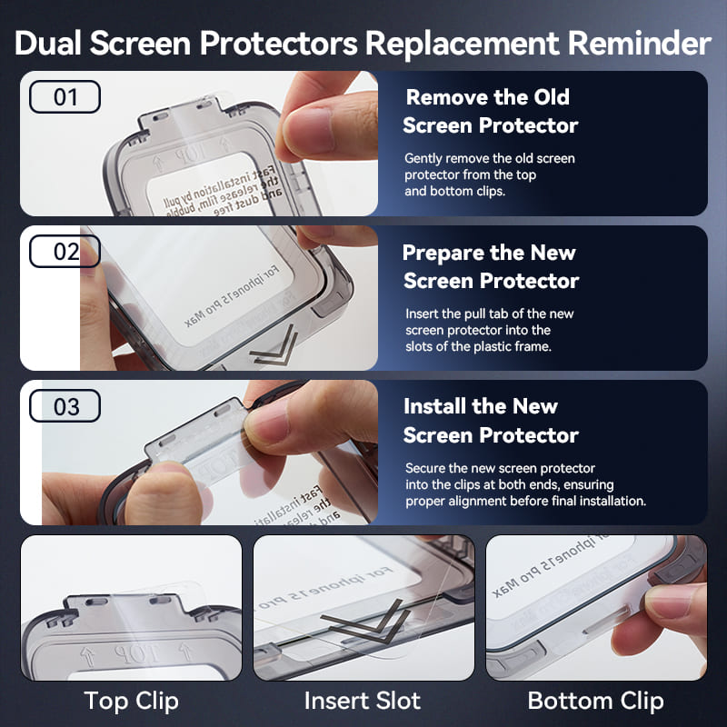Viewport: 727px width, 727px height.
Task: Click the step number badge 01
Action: pyautogui.click(x=65, y=97)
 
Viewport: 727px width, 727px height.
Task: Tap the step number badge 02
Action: pyautogui.click(x=65, y=252)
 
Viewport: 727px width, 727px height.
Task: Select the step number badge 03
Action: pyautogui.click(x=65, y=406)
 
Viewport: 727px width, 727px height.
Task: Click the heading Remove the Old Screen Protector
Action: pyautogui.click(x=491, y=111)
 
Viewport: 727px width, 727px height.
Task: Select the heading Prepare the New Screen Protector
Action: pyautogui.click(x=491, y=266)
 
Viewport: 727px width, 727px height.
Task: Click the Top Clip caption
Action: pyautogui.click(x=131, y=701)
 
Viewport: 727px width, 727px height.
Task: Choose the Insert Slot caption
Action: pyautogui.click(x=363, y=701)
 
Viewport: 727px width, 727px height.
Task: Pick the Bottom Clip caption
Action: pyautogui.click(x=595, y=701)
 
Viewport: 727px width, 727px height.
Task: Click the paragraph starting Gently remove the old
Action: pyautogui.click(x=490, y=174)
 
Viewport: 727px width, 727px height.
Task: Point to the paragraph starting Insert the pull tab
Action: pyautogui.click(x=490, y=330)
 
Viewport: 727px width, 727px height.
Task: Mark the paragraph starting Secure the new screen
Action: pyautogui.click(x=525, y=484)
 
